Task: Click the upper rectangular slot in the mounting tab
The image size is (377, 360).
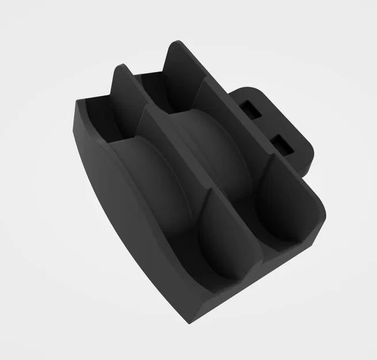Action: pos(251,108)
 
